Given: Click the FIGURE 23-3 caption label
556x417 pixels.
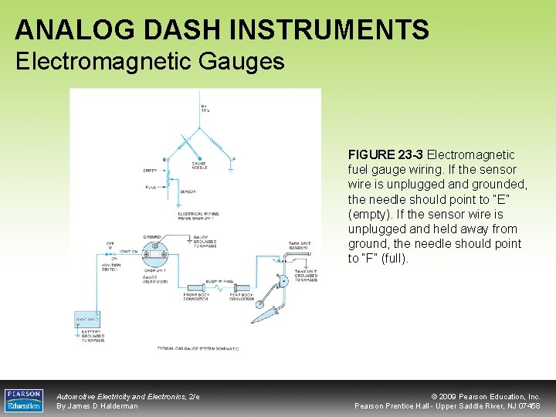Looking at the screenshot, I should click(x=385, y=155).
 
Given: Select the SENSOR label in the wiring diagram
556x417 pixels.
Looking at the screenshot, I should click(x=188, y=192).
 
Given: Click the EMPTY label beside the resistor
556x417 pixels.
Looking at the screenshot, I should click(x=150, y=171).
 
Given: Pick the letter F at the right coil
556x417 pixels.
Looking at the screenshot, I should click(x=235, y=159).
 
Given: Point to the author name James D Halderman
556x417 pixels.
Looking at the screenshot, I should click(x=97, y=405).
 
